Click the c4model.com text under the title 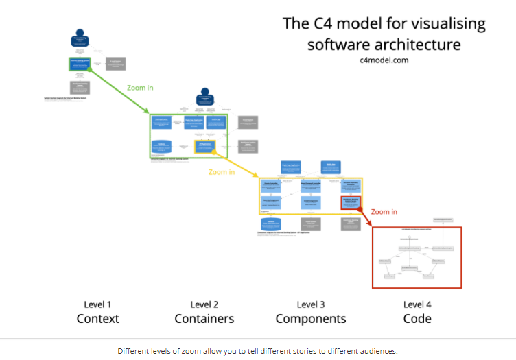click(x=384, y=60)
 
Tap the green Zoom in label click(x=141, y=88)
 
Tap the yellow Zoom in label click(x=222, y=172)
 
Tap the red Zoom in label click(x=384, y=212)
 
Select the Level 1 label click(x=97, y=304)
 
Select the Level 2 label click(x=204, y=304)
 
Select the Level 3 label click(x=311, y=304)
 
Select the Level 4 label click(x=417, y=304)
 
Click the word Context click(x=97, y=319)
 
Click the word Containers click(x=204, y=319)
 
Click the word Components click(x=311, y=319)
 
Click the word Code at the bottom click(x=417, y=319)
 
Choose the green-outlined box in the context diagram click(x=80, y=64)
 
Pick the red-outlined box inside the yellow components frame click(x=351, y=202)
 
